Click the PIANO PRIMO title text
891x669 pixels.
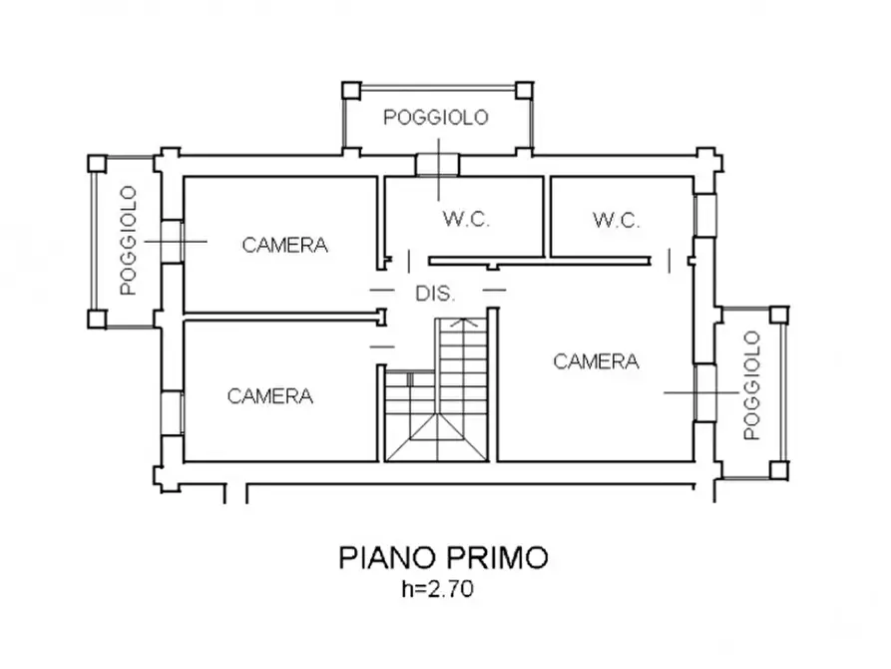(444, 557)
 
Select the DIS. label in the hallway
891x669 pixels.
(435, 295)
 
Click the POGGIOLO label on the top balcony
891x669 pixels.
(436, 118)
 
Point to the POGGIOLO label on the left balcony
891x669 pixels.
(127, 241)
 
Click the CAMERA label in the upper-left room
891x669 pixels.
(285, 245)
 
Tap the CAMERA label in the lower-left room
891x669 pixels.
(270, 396)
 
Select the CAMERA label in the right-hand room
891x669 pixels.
(596, 361)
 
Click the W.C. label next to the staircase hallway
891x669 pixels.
(466, 221)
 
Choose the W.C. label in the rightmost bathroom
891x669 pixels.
(616, 221)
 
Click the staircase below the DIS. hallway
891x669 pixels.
(436, 399)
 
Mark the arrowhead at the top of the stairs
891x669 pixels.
(460, 323)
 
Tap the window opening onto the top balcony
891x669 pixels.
(436, 163)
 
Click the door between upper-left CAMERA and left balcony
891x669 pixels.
(171, 241)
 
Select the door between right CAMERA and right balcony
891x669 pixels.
(706, 392)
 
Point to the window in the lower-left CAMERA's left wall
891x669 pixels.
(171, 411)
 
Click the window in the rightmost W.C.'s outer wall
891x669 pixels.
(706, 214)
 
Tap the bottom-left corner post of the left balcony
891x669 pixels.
(97, 319)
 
